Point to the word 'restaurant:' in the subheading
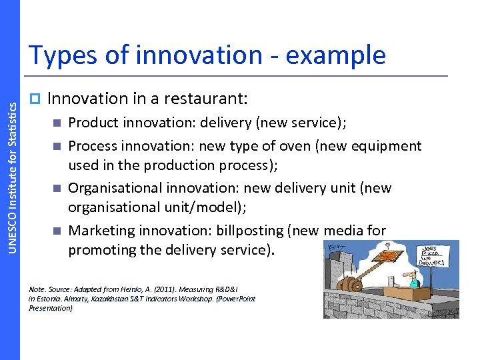coord(213,99)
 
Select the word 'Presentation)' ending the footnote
coord(51,308)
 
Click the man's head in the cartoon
coord(413,274)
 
